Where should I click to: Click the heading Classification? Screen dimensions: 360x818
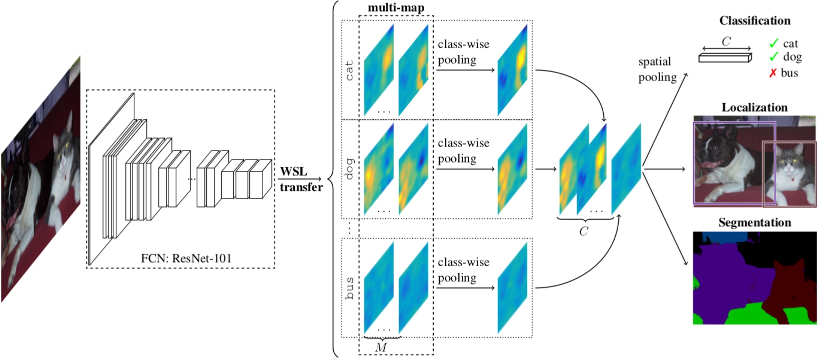(x=755, y=21)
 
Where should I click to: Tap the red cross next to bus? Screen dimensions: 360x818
(x=773, y=73)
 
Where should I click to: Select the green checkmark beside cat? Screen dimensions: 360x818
(x=774, y=43)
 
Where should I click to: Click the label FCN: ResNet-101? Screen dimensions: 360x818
(x=186, y=258)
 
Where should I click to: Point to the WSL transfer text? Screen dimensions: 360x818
(x=301, y=179)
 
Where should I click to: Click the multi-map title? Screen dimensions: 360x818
(x=396, y=8)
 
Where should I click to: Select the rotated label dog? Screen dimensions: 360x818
(x=349, y=169)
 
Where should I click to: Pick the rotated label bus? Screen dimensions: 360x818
(x=349, y=288)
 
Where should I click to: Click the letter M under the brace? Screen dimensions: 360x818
(x=381, y=347)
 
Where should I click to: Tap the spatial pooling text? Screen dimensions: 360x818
(x=657, y=69)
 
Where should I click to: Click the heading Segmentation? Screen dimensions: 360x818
(x=755, y=222)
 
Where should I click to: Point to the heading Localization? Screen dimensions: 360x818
(x=755, y=107)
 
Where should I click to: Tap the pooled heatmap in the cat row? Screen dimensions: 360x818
(x=513, y=70)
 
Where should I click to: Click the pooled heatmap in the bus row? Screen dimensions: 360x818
(x=513, y=288)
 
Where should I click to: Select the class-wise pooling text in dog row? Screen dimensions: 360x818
(x=463, y=150)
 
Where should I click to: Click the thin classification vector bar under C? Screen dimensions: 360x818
(x=725, y=58)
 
